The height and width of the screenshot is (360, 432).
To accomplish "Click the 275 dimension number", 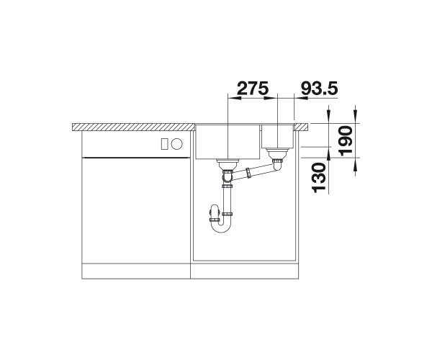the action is point(253,88).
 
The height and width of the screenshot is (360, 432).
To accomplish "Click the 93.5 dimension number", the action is point(319,88).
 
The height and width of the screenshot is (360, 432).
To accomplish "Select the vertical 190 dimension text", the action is point(346,140).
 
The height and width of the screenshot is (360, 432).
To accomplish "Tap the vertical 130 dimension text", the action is point(318,178).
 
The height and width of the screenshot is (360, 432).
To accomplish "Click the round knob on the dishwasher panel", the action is point(176,144).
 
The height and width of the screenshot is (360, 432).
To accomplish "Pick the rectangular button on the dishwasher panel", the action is point(165,144).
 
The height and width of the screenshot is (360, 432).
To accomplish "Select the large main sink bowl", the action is point(228,142).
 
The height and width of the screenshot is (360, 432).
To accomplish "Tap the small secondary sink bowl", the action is point(277,136).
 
